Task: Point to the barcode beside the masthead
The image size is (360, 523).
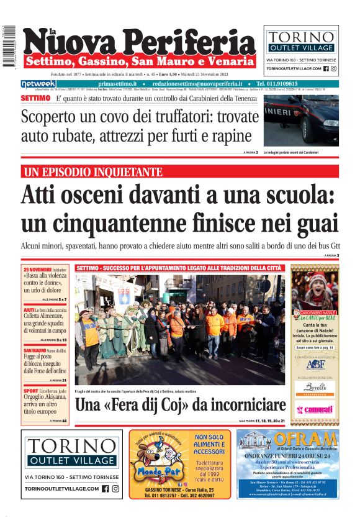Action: coord(9,47)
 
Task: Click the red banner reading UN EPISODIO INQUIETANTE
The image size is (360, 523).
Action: coord(92,172)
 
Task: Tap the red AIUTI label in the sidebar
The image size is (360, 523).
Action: coord(29,309)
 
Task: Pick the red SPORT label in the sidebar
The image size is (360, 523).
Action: coord(30,392)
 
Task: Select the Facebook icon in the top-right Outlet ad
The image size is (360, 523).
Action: coord(325,68)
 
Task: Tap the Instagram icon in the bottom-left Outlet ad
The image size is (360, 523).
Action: coord(115,489)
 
